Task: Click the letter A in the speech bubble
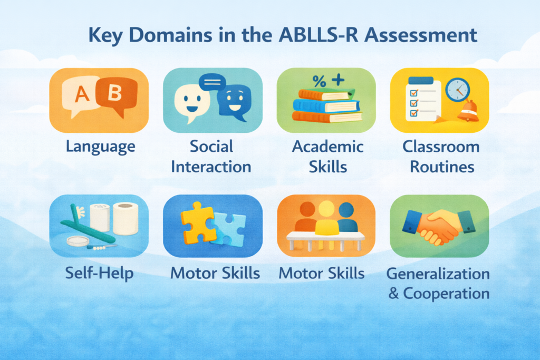click(x=82, y=95)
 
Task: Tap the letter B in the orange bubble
click(x=115, y=93)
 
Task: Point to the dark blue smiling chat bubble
click(x=233, y=100)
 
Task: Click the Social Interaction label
click(x=211, y=157)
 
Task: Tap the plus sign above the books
click(x=337, y=80)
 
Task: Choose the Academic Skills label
click(x=327, y=157)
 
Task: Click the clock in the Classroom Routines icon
click(x=457, y=90)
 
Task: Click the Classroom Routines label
click(x=441, y=157)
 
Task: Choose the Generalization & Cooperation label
click(x=439, y=284)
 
